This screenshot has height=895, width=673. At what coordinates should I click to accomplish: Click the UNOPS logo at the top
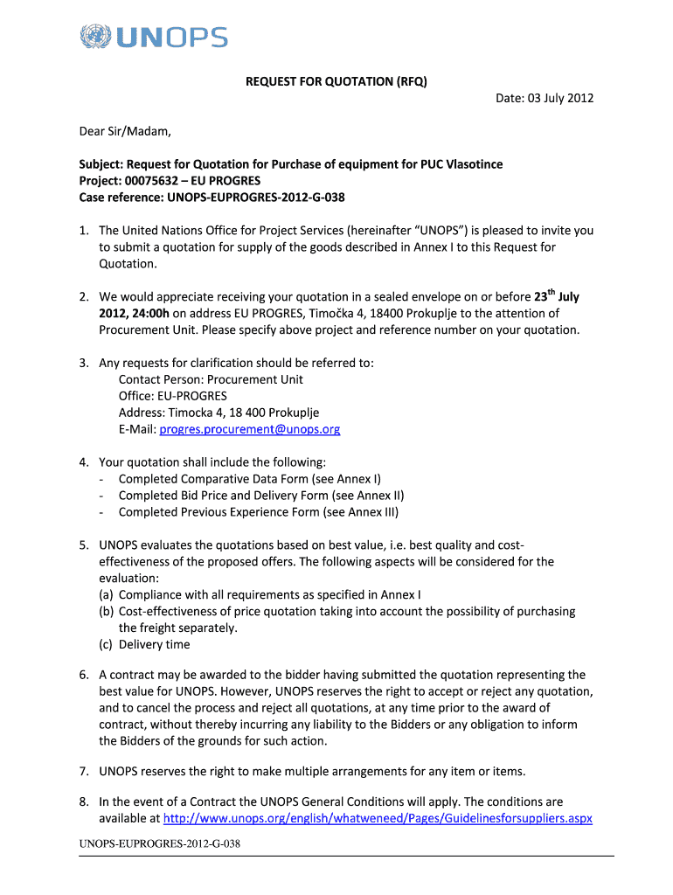(153, 38)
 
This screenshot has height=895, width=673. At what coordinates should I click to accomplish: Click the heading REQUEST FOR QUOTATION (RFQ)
(336, 81)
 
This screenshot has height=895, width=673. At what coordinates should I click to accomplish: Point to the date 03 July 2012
(559, 98)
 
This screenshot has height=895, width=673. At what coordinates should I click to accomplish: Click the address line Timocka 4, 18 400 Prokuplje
(219, 413)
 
